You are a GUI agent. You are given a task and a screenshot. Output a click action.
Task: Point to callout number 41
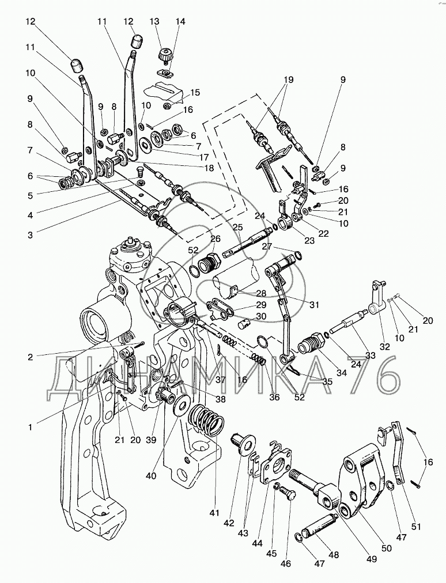[x=214, y=513]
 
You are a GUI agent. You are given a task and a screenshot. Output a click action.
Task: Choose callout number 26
[x=215, y=238]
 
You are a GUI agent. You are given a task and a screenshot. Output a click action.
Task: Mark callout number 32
[x=385, y=347]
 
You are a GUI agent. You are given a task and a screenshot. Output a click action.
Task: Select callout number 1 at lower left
[x=31, y=427]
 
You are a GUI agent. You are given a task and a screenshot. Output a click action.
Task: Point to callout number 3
[x=31, y=234]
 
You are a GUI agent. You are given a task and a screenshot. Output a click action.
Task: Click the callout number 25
[x=237, y=227]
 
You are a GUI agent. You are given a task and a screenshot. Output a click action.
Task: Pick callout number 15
[x=195, y=93]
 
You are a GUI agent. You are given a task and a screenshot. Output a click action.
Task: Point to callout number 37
[x=221, y=380]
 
